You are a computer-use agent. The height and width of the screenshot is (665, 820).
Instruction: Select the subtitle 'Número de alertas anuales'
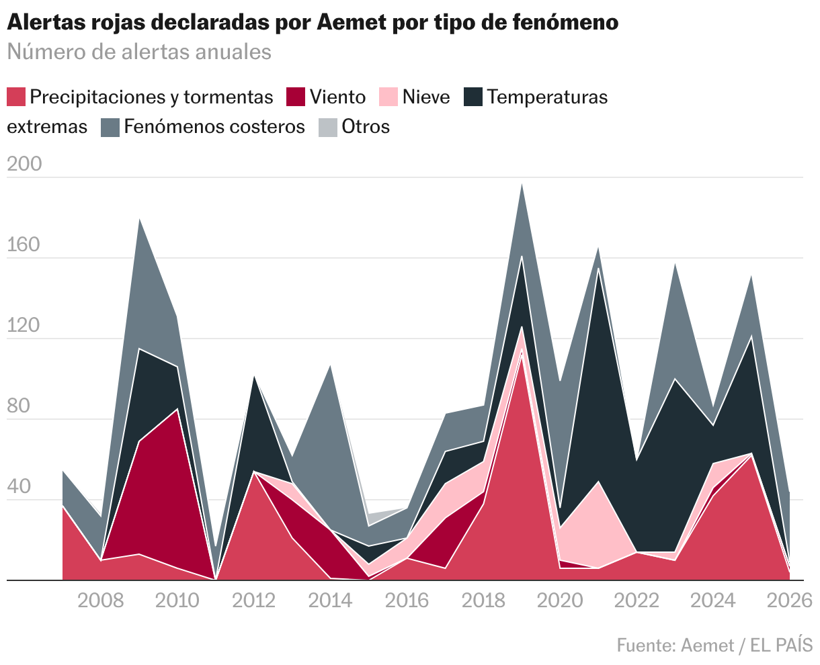click(139, 52)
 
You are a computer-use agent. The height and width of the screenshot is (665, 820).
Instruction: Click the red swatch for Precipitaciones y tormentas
click(16, 97)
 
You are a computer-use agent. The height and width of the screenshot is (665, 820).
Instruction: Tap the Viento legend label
click(337, 97)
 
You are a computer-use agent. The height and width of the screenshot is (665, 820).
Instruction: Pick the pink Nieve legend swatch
click(388, 97)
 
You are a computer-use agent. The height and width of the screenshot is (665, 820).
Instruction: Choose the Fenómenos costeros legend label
click(214, 127)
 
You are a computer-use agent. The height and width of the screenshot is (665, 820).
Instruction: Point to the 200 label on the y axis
click(25, 165)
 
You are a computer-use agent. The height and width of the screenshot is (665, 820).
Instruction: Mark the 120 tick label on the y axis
click(25, 326)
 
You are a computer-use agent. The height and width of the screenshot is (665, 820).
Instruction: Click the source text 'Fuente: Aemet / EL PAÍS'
click(714, 646)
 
